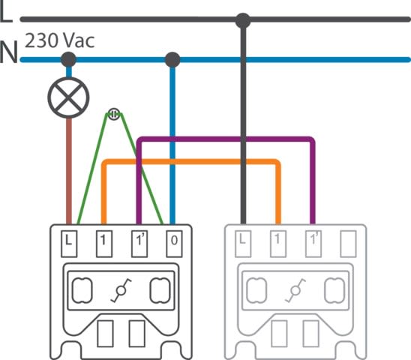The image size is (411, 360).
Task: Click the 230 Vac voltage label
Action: coord(59,40)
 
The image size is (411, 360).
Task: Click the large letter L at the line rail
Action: coord(6,12)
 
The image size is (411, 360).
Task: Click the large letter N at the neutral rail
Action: coord(9,52)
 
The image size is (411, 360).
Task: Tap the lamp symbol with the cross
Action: coord(68,97)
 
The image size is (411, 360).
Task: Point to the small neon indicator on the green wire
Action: coord(114,114)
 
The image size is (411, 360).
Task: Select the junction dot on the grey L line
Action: coord(243,20)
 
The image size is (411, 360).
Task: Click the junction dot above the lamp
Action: coord(68,59)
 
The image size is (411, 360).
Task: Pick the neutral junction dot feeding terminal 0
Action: coord(172,59)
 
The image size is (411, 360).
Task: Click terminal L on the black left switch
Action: coord(69,244)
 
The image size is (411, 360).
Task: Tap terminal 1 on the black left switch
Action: coord(104,244)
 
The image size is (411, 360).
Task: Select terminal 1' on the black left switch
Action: coord(139,244)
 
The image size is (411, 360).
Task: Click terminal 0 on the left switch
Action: coord(174,244)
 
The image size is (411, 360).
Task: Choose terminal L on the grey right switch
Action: coord(243,244)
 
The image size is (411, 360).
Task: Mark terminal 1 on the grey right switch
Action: coord(278,244)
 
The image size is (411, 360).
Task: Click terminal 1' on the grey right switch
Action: coord(313,244)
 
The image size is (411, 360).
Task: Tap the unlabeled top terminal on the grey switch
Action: coord(348,244)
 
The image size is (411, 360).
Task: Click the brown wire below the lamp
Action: coord(69,171)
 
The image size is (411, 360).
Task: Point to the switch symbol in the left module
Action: coord(121,290)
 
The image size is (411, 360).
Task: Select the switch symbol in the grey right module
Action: coord(295,290)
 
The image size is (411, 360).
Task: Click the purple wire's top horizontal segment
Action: coord(226,139)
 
